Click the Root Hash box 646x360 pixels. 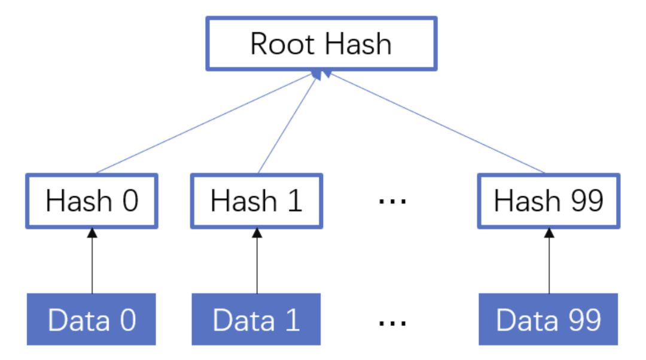[x=321, y=44]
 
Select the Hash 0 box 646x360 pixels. [x=92, y=201]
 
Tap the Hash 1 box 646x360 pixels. [x=257, y=201]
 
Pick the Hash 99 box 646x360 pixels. [x=549, y=201]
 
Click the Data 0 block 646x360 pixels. [x=92, y=319]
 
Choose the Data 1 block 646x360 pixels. [x=257, y=319]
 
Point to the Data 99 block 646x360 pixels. [x=549, y=319]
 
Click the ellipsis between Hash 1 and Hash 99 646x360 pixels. [x=393, y=202]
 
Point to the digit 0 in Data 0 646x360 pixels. [x=126, y=320]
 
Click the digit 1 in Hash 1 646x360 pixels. [x=293, y=202]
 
